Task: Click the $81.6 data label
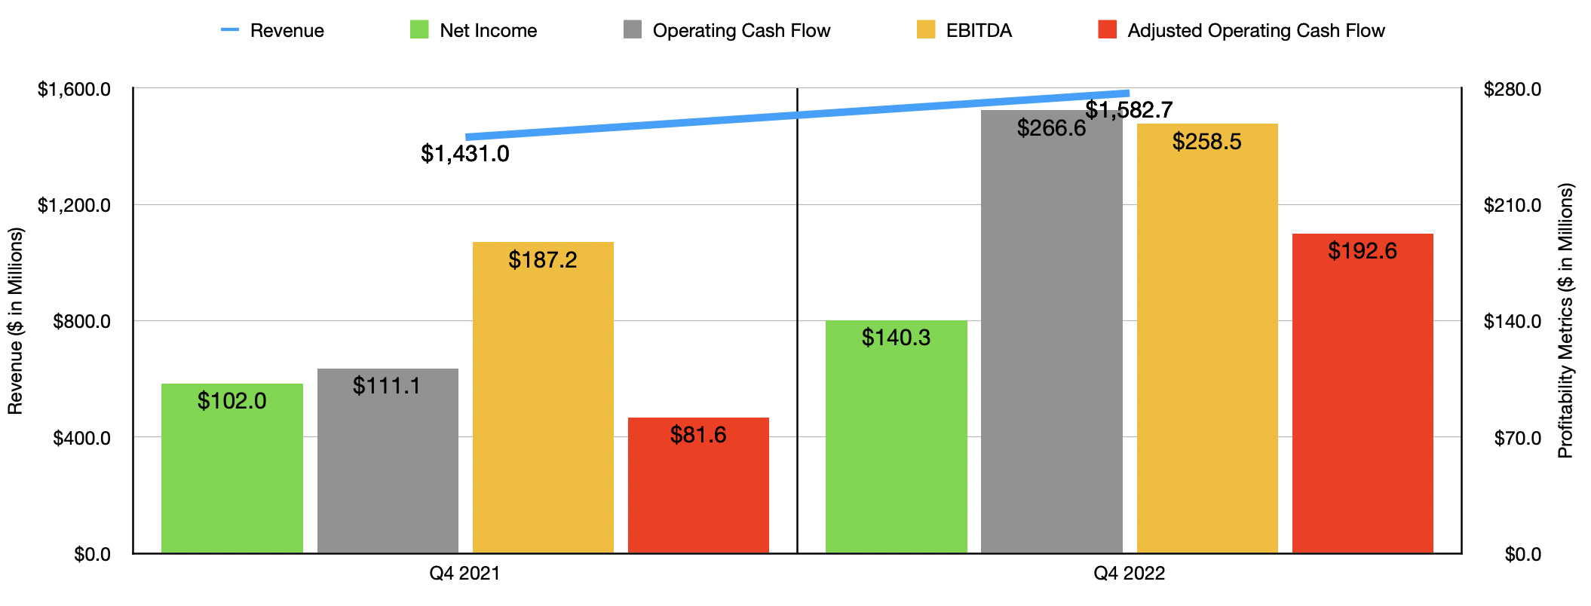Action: click(698, 435)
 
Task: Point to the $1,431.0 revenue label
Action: click(464, 154)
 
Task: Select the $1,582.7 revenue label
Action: click(1129, 110)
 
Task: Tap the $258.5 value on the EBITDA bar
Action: click(1206, 142)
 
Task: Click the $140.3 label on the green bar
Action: click(896, 338)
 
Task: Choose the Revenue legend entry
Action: click(272, 31)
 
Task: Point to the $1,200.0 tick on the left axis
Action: click(74, 205)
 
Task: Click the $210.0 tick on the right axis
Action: click(1512, 205)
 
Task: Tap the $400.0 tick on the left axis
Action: click(81, 438)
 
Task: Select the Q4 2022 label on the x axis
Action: click(1129, 574)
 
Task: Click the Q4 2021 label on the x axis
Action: click(464, 574)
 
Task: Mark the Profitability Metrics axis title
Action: click(1565, 320)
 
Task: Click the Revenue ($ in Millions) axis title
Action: click(15, 320)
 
